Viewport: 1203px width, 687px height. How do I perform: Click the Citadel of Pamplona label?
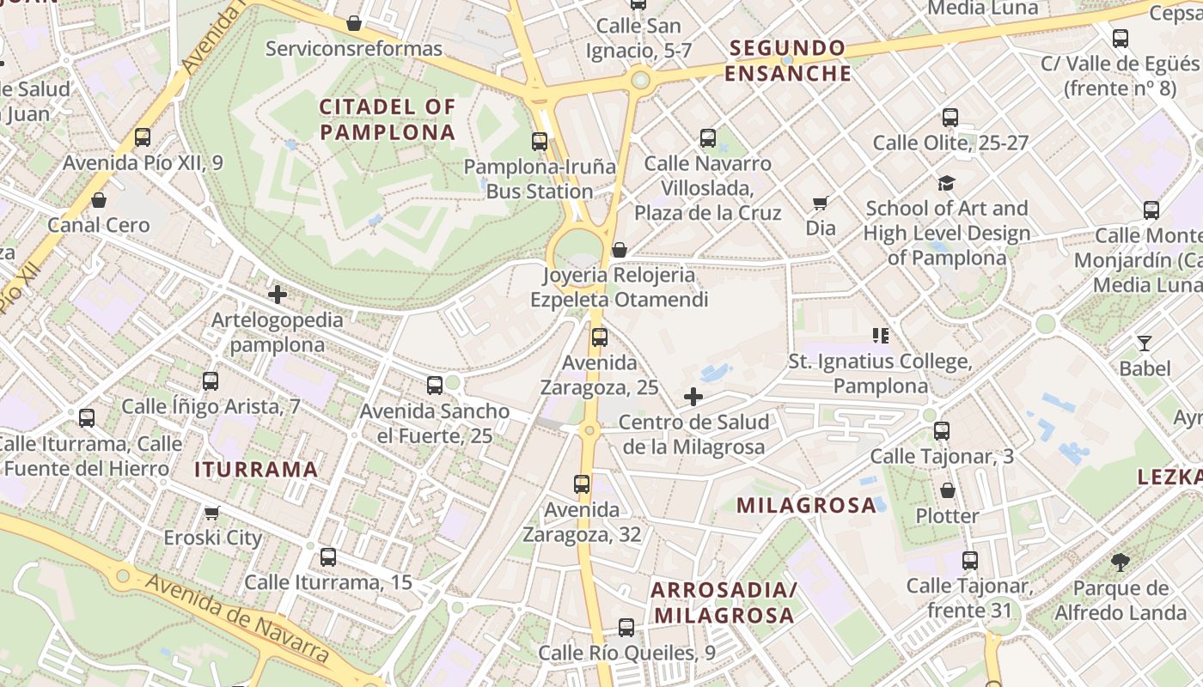coord(387,119)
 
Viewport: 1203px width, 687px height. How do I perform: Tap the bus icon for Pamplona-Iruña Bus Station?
coord(540,142)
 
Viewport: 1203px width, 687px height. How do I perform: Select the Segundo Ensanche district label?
coord(788,60)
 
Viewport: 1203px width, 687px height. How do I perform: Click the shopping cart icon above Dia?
coord(821,204)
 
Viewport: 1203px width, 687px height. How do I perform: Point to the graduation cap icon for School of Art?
coord(946,183)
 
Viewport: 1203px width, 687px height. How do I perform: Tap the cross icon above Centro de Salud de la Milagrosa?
coord(693,397)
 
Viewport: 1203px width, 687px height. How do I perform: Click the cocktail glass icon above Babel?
coord(1145,343)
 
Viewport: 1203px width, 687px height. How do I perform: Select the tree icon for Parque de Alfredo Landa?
coord(1120,562)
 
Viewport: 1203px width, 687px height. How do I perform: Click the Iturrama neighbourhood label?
coord(256,470)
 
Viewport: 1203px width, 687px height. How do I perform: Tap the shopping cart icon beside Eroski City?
coord(212,513)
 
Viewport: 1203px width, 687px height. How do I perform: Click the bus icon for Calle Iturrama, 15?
coord(328,556)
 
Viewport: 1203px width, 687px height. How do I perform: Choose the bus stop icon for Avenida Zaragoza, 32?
coord(583,484)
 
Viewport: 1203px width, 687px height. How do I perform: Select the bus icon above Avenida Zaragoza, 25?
coord(600,337)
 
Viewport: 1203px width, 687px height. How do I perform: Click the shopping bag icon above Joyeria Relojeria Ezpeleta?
coord(619,250)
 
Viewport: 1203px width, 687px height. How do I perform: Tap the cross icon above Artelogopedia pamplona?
coord(277,295)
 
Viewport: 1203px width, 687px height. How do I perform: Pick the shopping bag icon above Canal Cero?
coord(99,200)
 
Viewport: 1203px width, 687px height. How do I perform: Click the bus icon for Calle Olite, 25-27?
coord(950,118)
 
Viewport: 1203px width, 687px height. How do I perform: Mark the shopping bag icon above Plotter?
coord(947,490)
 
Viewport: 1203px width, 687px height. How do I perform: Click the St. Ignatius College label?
coord(880,374)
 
